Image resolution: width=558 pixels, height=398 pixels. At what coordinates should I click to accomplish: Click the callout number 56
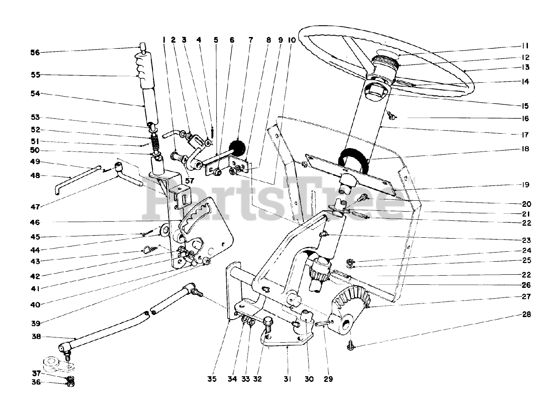[x=35, y=53]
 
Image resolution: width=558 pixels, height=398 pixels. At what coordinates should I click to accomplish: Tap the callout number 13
[x=525, y=67]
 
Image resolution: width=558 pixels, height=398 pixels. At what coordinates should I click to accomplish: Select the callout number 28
[x=526, y=314]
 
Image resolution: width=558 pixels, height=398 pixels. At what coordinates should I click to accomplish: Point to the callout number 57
[x=190, y=181]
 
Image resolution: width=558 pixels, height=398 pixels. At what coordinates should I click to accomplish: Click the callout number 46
[x=35, y=223]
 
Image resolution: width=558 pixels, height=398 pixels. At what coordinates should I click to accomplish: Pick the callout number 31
[x=287, y=379]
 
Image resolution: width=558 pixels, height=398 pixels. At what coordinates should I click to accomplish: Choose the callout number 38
[x=36, y=337]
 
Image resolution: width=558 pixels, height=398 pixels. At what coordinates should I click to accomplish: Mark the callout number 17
[x=525, y=135]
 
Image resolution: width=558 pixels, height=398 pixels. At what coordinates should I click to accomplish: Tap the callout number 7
[x=251, y=40]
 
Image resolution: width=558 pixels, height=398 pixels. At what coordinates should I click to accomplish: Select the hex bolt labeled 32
[x=268, y=325]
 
